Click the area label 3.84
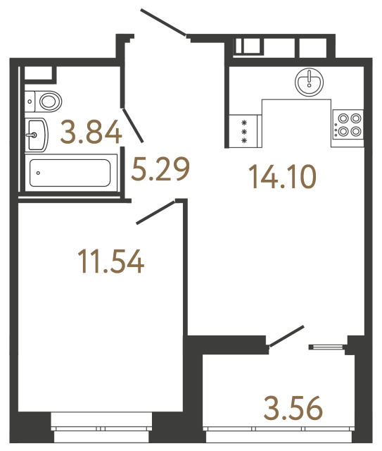pos(91,132)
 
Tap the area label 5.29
pos(161,169)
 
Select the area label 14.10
pos(282,175)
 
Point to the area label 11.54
pos(111,261)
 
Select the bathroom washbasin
pos(37,134)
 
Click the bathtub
pos(69,173)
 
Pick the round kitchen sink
pos(309,83)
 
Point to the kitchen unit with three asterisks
pos(245,131)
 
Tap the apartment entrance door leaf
pos(164,21)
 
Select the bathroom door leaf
pos(134,124)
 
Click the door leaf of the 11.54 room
pos(155,212)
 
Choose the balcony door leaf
pos(286,337)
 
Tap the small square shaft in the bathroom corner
pos(39,73)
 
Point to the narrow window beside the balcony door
pos(327,346)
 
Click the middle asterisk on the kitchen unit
pos(244,131)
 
